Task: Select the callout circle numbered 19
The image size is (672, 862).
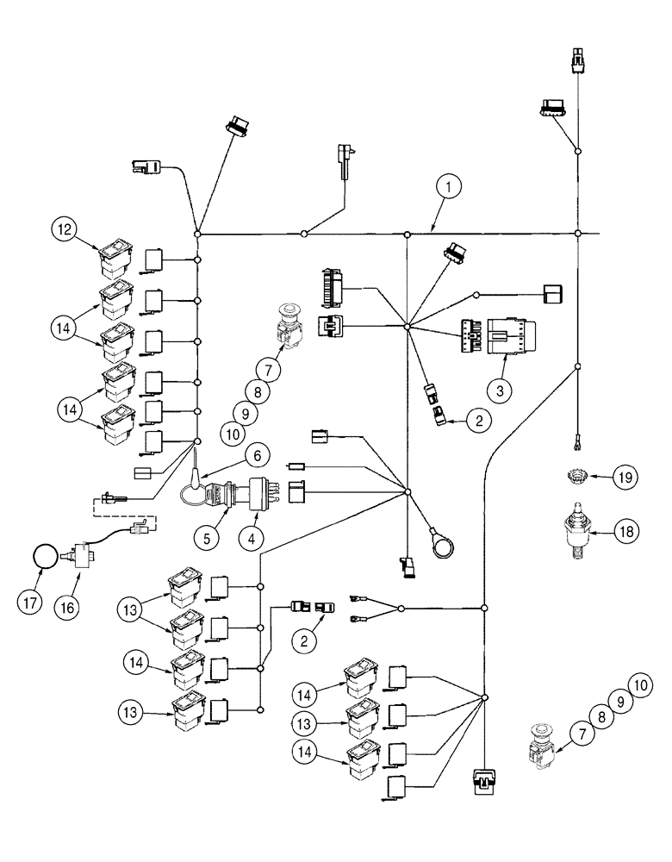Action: [x=626, y=476]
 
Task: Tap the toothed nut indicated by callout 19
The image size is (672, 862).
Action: [x=576, y=476]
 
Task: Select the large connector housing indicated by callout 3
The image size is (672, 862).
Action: [x=507, y=335]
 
